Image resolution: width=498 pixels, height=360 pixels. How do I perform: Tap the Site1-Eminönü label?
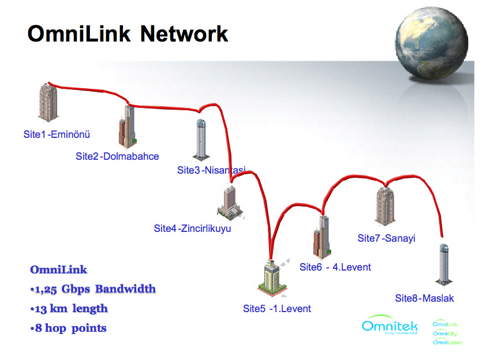click(57, 134)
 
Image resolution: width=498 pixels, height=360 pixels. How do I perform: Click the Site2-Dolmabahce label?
click(117, 156)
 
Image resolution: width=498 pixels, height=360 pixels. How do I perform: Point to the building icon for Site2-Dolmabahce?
click(127, 127)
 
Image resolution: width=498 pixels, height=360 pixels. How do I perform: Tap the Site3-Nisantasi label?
click(211, 170)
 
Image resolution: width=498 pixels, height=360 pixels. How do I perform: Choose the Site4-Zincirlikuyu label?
click(192, 228)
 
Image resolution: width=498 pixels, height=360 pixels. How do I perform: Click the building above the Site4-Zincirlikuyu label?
click(232, 202)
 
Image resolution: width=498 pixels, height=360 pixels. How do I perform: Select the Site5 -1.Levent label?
click(276, 309)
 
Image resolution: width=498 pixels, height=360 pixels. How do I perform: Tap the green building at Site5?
click(271, 277)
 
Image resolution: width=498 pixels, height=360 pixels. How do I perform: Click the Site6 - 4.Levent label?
click(335, 267)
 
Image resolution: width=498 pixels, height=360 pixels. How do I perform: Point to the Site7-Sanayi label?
click(386, 238)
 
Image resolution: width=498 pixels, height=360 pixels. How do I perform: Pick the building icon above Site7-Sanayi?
click(385, 205)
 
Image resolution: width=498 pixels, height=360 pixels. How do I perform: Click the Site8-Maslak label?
click(424, 298)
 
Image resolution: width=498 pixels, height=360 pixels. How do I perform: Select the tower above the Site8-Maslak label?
click(443, 264)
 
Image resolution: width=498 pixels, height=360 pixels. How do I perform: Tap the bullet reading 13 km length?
click(69, 309)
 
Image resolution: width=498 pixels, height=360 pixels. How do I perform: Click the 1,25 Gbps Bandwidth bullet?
click(93, 289)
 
